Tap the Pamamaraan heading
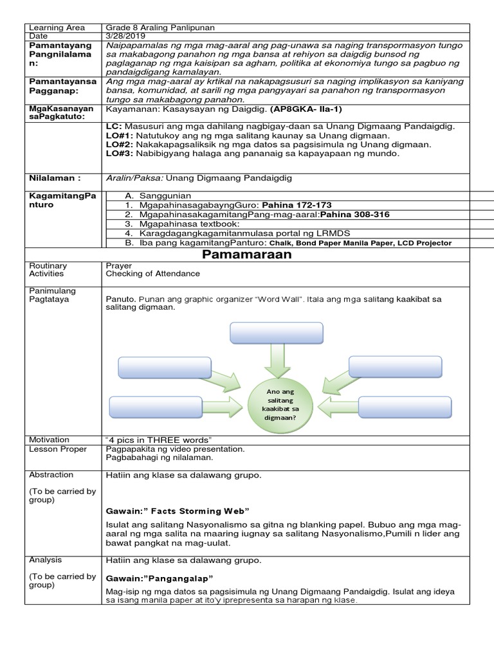(x=247, y=254)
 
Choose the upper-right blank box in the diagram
(x=394, y=366)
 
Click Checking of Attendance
(x=152, y=273)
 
